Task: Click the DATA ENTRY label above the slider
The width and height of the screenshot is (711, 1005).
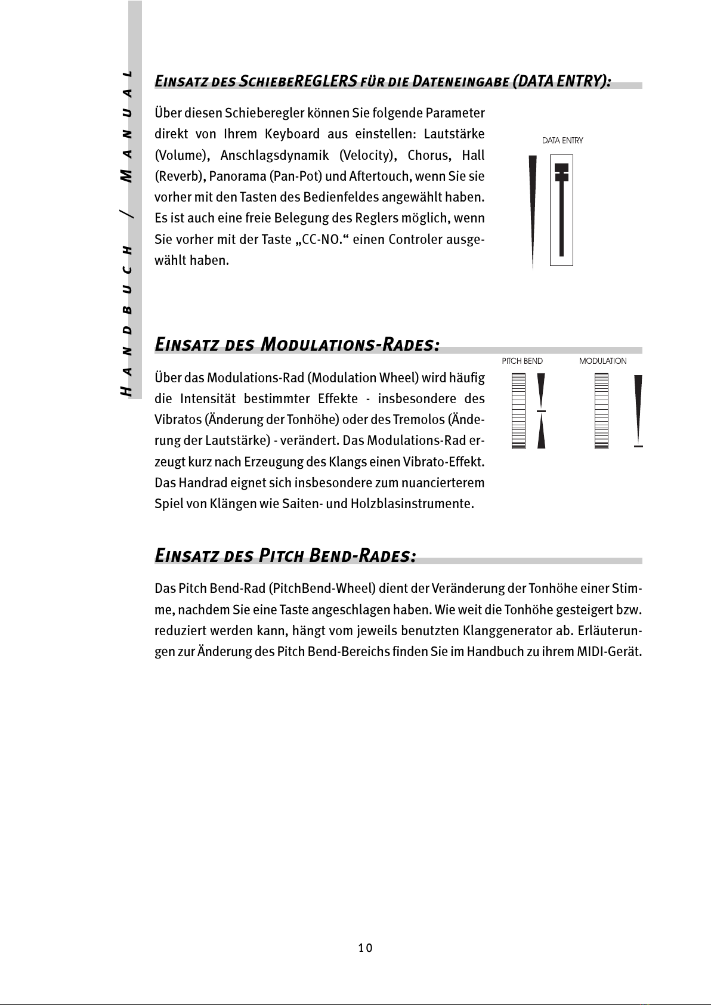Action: pos(562,141)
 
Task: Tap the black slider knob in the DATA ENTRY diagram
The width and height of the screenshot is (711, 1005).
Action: pos(561,172)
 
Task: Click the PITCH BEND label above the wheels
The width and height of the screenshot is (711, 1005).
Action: pos(523,361)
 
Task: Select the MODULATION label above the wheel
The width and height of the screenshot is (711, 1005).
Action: pos(602,361)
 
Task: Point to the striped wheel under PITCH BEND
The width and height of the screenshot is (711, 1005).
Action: pos(518,411)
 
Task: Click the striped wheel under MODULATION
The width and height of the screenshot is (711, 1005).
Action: pos(601,411)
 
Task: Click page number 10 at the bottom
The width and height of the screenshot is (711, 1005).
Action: pos(366,948)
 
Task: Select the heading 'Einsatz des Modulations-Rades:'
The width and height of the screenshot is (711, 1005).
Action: pos(297,345)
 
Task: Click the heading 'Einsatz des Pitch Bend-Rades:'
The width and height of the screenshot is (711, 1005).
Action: pos(285,556)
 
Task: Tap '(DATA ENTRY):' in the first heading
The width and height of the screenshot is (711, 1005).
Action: pos(561,81)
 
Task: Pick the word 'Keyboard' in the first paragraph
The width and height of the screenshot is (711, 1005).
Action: pos(292,134)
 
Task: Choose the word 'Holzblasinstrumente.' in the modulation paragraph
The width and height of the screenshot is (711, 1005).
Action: pos(412,504)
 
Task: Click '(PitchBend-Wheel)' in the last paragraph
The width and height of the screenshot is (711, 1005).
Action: pos(322,589)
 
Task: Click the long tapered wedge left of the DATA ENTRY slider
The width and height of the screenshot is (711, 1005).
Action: pos(533,209)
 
